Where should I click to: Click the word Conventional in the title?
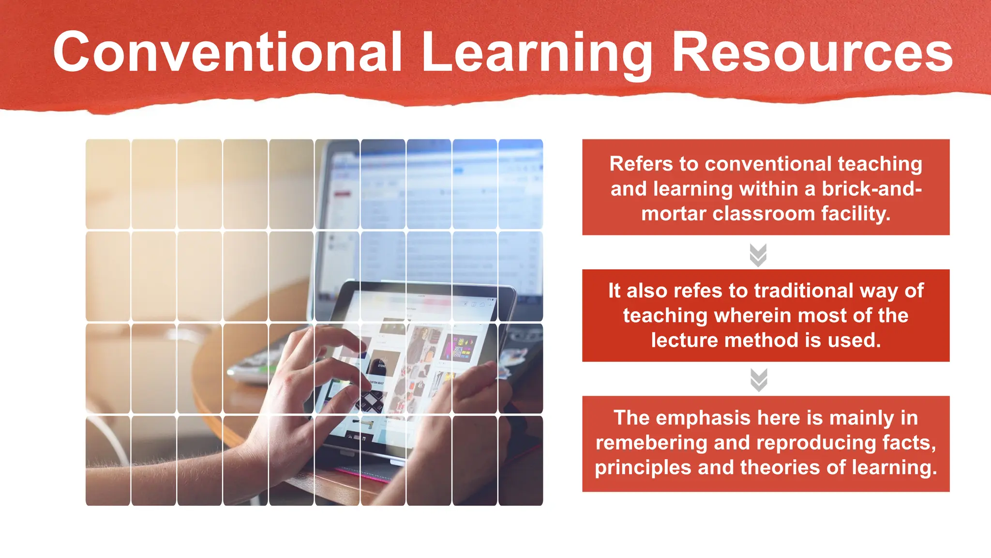[227, 52]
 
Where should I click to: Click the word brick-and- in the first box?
[871, 189]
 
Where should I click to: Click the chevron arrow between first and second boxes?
[758, 255]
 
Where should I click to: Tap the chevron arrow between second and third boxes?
[758, 380]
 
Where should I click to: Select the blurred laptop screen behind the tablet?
[435, 203]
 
